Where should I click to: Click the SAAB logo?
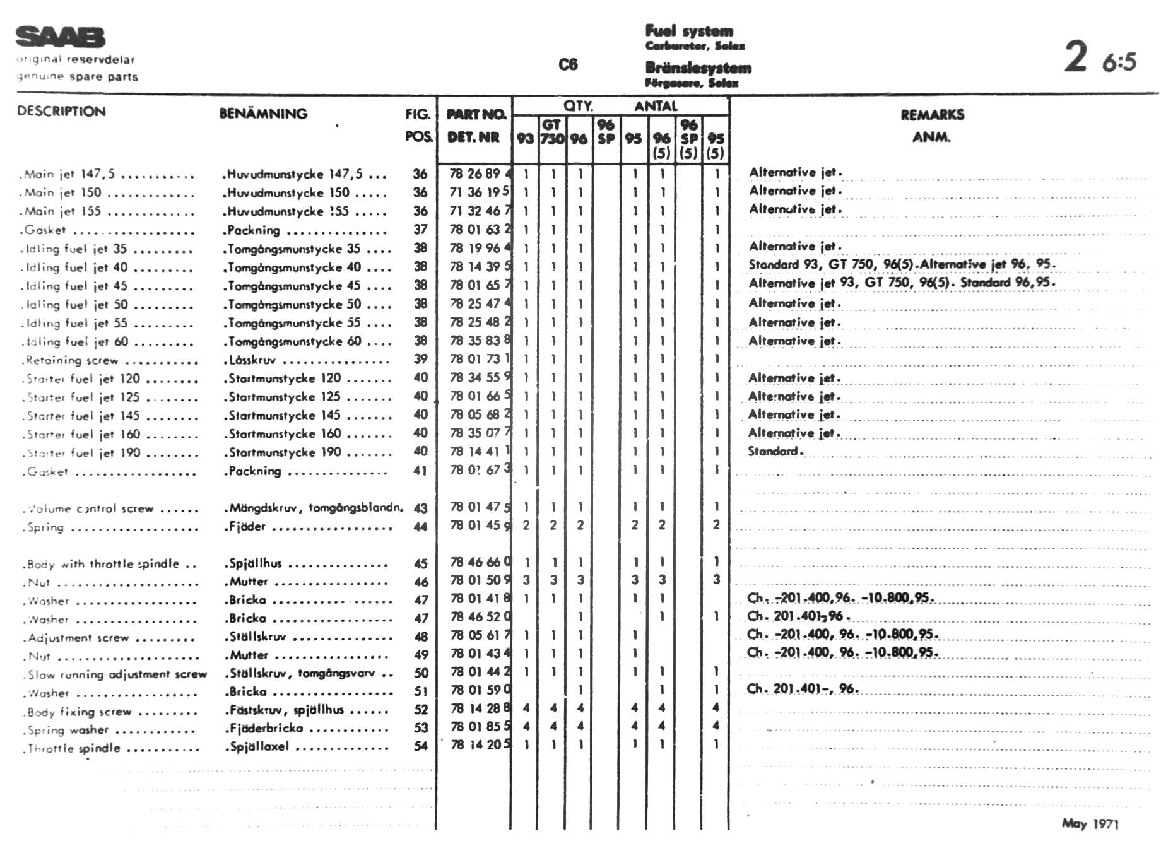60,37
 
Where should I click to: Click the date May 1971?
1090,823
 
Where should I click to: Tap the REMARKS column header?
932,115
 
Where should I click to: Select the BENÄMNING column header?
263,114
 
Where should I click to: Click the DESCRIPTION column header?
61,112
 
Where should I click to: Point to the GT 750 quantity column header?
551,132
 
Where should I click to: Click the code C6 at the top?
568,64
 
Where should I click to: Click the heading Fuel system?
689,31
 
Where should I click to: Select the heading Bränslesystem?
698,68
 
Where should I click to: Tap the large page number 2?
1076,57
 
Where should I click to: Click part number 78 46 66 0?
480,562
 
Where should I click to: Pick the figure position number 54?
421,746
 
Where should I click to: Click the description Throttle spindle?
74,749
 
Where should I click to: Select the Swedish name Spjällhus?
254,563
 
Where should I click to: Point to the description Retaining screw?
71,360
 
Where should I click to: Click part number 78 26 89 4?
480,173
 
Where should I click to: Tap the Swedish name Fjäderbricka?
266,728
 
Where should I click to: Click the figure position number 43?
421,508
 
